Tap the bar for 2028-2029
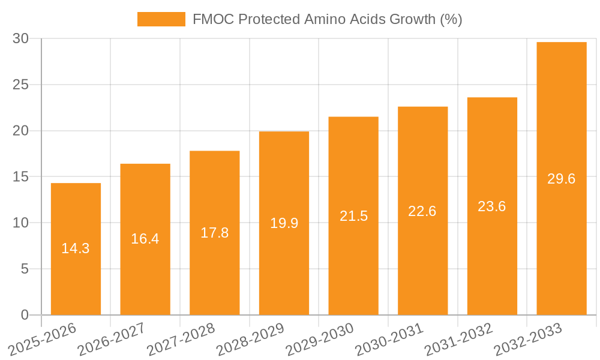pos(284,270)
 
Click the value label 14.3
pos(76,248)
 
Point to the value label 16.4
pos(145,239)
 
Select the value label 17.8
pos(214,233)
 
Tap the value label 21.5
pos(353,216)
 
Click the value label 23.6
pos(492,206)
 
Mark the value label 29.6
pos(562,179)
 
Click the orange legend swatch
pos(161,19)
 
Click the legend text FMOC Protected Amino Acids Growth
pos(327,19)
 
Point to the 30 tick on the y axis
pos(21,38)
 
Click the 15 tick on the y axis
pos(21,177)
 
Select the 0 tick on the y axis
pos(25,315)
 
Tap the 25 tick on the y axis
pos(21,85)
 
